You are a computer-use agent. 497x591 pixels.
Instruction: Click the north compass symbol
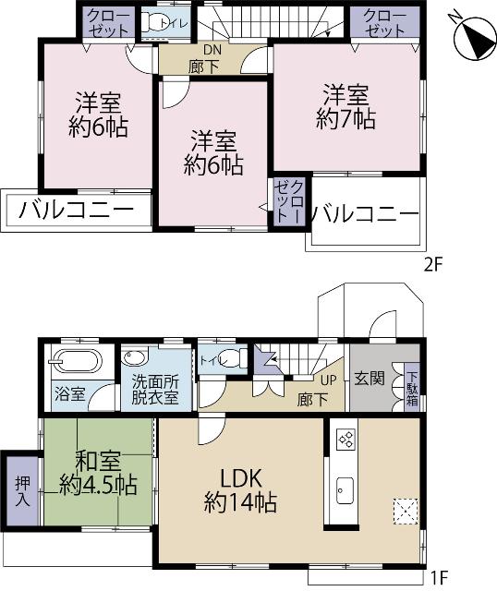coord(474,35)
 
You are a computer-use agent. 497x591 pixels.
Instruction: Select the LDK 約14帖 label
coord(240,490)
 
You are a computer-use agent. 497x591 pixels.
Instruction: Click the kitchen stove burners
coord(345,439)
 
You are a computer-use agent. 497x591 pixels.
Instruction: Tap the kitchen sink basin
coord(345,488)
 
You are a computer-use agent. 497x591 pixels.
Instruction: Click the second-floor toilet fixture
coord(162,24)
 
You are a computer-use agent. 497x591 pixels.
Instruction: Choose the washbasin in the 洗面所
coord(137,358)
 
